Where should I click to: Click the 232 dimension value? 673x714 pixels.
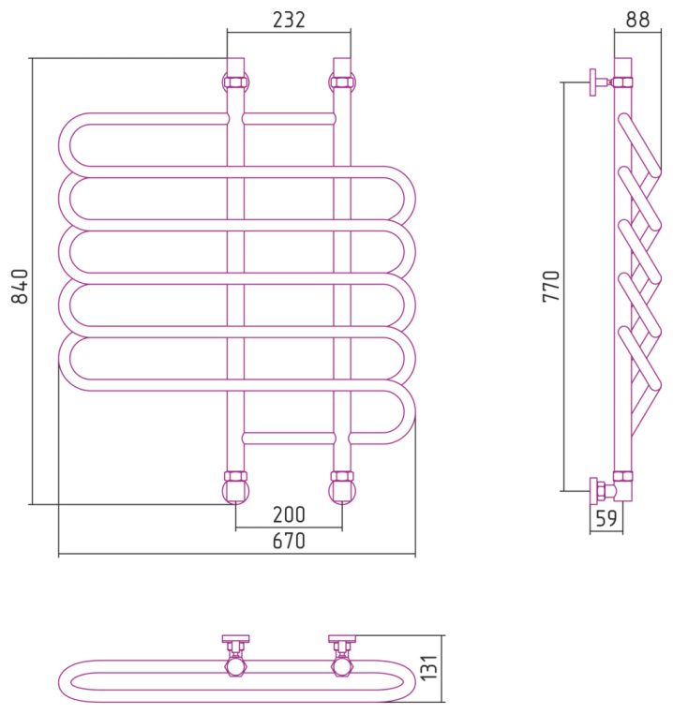289,20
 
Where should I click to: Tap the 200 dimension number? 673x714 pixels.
289,514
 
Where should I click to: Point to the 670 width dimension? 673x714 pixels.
290,541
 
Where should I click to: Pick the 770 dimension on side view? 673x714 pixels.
552,286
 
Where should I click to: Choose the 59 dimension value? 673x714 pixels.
606,518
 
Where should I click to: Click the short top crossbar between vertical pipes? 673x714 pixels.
289,118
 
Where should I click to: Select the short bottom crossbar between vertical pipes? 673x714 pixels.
289,438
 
